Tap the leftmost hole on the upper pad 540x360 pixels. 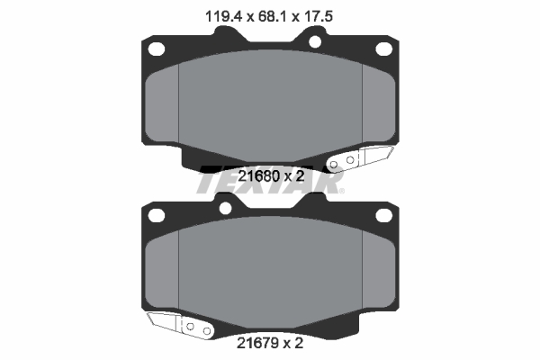tap(155, 49)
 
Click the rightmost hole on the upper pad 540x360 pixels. tap(384, 49)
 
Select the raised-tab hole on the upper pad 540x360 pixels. tap(315, 40)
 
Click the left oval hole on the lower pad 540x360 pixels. tap(156, 215)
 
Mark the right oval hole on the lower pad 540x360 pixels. tap(384, 215)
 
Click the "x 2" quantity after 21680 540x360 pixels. tap(292, 176)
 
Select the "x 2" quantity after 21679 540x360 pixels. tap(292, 343)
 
